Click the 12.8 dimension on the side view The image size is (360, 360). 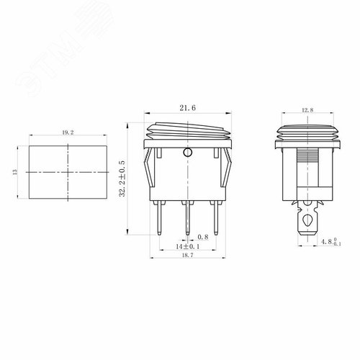(307, 110)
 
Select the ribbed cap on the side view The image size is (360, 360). (307, 132)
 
